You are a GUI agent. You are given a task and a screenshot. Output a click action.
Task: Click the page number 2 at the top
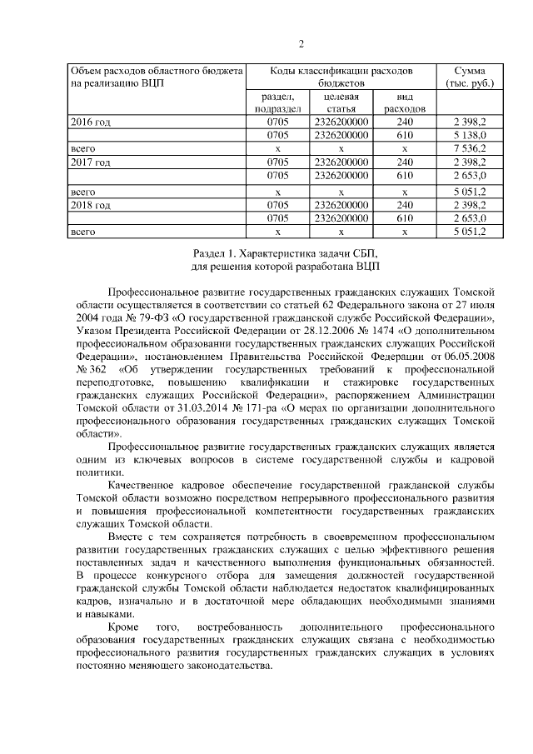[301, 44]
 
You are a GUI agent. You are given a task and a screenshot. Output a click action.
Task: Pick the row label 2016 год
[91, 122]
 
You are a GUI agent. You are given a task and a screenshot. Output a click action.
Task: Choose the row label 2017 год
[91, 162]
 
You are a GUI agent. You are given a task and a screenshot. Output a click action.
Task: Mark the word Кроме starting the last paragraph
[125, 626]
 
